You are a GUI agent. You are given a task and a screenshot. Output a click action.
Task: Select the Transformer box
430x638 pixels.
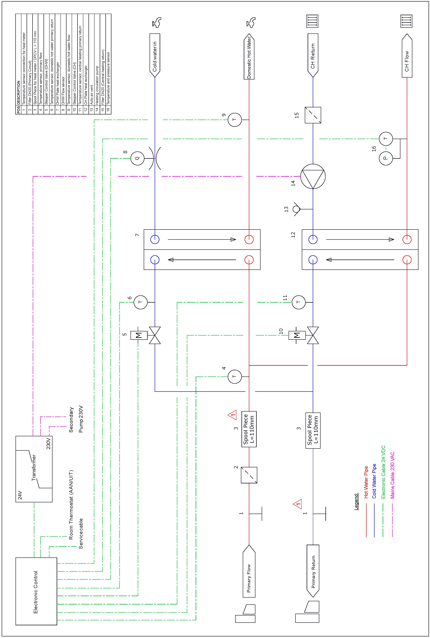click(x=34, y=469)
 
